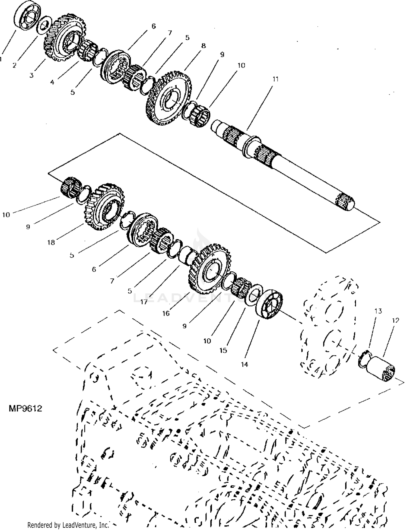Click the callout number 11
(x=275, y=79)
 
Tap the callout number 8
(x=203, y=46)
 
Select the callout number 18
(x=51, y=242)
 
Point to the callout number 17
(x=144, y=302)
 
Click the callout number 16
(x=166, y=313)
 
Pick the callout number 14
(x=244, y=364)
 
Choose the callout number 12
(x=396, y=320)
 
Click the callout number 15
(x=223, y=350)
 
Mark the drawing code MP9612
(x=26, y=408)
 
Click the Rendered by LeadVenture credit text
(x=68, y=525)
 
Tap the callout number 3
(x=31, y=75)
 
